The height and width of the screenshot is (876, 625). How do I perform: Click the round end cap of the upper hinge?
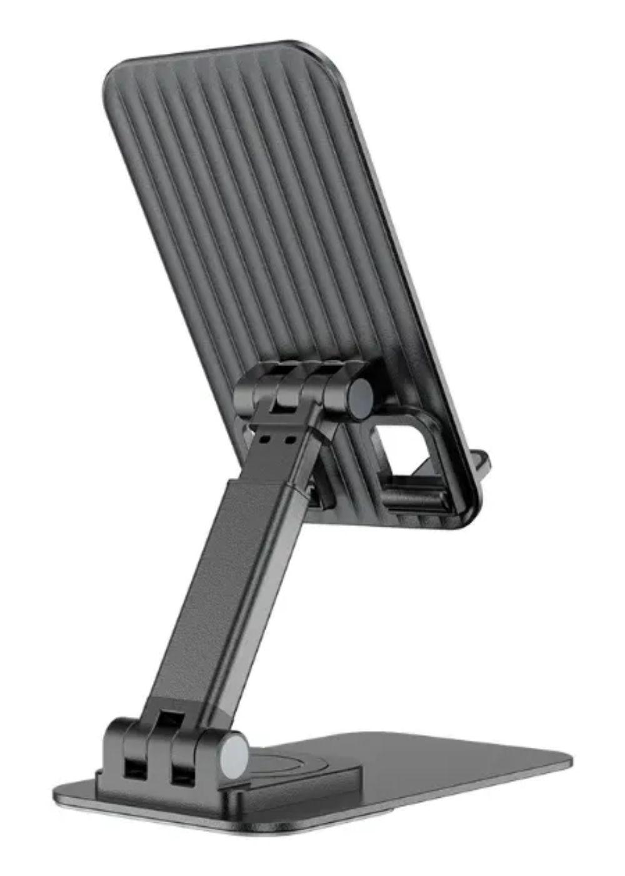[x=360, y=399]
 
